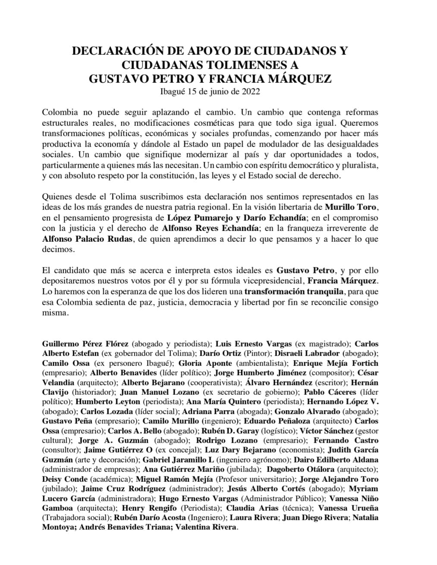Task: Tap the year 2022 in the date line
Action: (250, 91)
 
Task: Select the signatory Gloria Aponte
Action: (199, 363)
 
